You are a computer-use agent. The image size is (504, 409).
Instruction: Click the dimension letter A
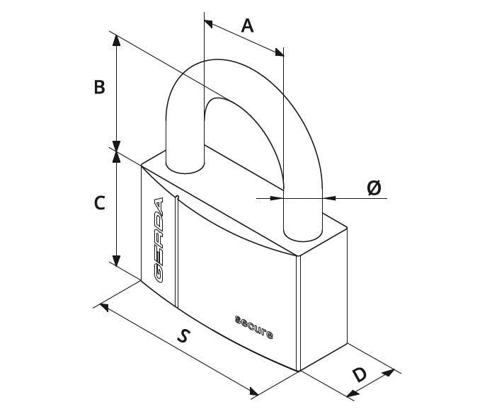(x=247, y=26)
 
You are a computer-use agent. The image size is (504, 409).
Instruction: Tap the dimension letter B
(x=99, y=87)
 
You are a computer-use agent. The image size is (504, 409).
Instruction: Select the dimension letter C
(x=99, y=203)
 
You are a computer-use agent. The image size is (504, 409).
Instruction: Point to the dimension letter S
(x=183, y=335)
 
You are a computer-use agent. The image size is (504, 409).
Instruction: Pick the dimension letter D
(x=360, y=374)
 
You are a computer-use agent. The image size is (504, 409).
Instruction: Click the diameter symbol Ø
(x=374, y=188)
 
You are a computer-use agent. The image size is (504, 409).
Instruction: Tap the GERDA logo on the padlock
(x=159, y=240)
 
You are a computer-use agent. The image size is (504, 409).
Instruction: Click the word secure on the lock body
(x=254, y=328)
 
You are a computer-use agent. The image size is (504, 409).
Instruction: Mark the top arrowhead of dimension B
(x=116, y=40)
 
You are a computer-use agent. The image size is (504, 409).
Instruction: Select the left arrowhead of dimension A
(x=209, y=24)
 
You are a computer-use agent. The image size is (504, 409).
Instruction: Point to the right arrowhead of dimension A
(x=280, y=52)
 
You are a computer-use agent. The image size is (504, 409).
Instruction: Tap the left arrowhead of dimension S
(x=104, y=307)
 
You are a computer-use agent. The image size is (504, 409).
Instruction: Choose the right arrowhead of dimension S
(x=254, y=391)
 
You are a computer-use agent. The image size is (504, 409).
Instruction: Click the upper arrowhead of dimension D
(x=389, y=373)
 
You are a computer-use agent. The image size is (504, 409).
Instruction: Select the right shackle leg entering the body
(x=302, y=221)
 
